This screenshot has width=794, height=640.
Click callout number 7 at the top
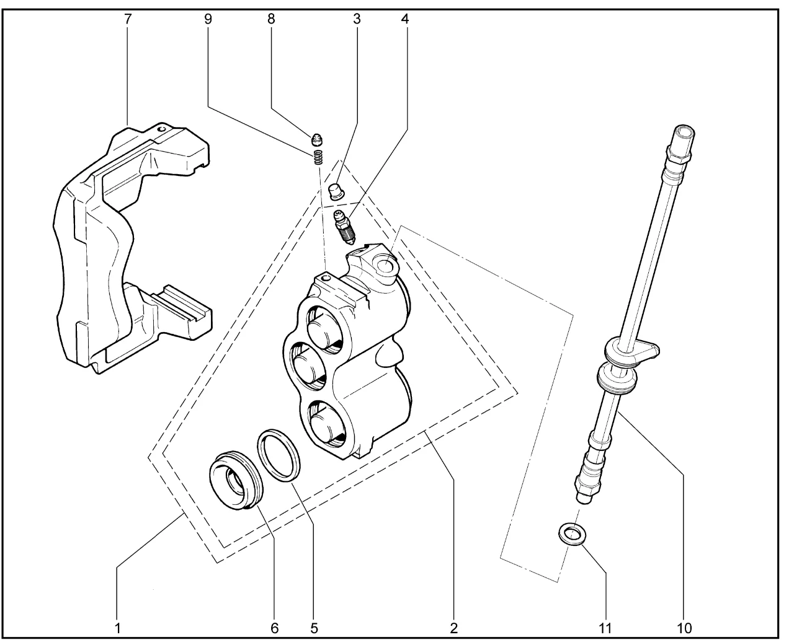[128, 19]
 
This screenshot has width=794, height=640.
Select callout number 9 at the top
[208, 19]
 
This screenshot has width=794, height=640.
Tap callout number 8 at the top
[271, 19]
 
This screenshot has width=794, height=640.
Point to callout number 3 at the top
[357, 19]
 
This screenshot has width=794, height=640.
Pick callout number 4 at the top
[405, 19]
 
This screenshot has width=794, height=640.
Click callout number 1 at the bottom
[117, 627]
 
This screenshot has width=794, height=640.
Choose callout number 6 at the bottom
[274, 627]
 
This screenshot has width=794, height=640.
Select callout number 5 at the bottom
[314, 627]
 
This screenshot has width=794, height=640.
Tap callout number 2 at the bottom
[454, 627]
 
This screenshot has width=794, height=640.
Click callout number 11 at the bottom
[605, 627]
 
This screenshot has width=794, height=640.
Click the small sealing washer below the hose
[572, 534]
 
